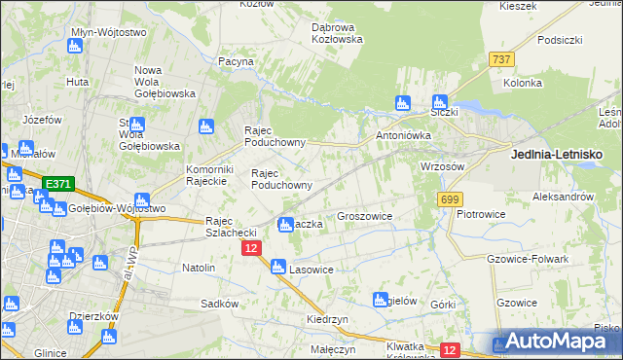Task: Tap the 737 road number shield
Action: [x=501, y=59]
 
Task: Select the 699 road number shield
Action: [x=449, y=199]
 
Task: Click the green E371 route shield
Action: [x=56, y=183]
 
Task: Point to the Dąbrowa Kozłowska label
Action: [x=337, y=33]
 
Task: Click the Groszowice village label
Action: [x=364, y=217]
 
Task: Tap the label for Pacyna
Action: [x=236, y=61]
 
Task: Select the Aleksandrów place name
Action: [x=563, y=197]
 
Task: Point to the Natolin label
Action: [x=199, y=267]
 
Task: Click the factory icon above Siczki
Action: [x=440, y=101]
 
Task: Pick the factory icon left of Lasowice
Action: [x=277, y=267]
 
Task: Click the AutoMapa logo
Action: [x=556, y=342]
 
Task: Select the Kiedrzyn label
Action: [x=326, y=319]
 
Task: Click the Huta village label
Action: [x=78, y=82]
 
